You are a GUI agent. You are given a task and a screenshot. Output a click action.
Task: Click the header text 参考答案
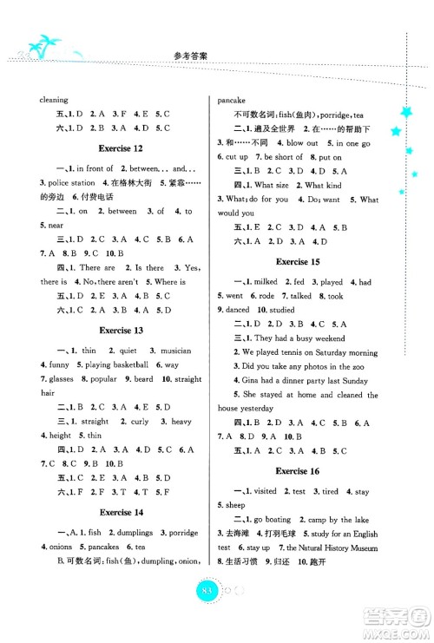(217, 50)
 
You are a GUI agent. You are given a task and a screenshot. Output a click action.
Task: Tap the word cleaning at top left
(54, 100)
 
